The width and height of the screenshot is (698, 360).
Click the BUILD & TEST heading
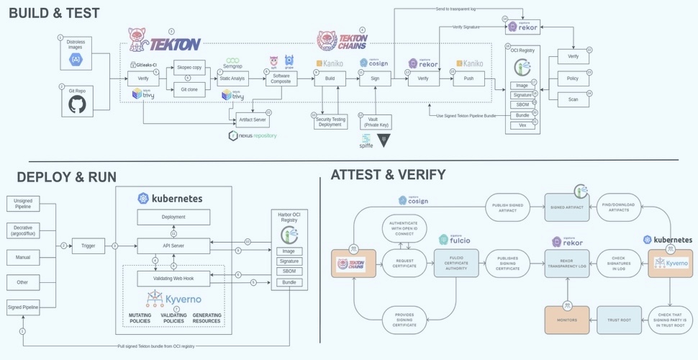coord(55,12)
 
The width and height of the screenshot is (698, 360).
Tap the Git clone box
coord(189,89)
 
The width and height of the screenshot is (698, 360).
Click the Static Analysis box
coord(232,78)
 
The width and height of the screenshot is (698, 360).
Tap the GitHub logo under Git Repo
coord(76,104)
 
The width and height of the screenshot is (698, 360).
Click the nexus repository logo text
coord(253,135)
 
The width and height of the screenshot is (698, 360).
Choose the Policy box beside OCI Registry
coord(573,78)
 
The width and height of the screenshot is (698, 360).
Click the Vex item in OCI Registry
coord(523,125)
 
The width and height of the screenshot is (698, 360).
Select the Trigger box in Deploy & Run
coord(88,246)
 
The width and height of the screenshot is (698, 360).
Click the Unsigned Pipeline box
coord(22,202)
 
